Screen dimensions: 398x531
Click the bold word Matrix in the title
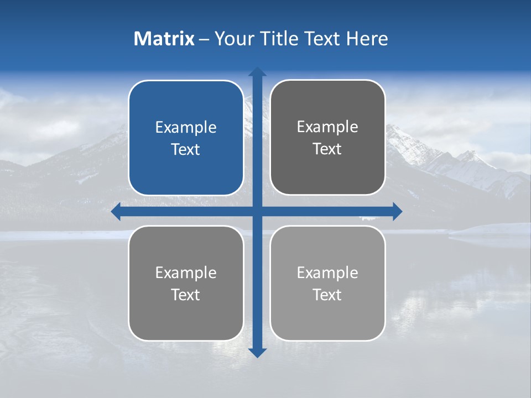pos(164,39)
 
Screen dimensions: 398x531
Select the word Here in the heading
pos(367,39)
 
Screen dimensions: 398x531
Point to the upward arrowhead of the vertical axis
pos(257,72)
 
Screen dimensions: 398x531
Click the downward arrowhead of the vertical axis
pos(257,352)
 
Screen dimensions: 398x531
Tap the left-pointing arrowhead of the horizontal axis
pos(116,211)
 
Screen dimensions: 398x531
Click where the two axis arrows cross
pos(257,211)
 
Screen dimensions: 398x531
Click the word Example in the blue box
pos(186,128)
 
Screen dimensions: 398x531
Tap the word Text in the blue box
pos(186,150)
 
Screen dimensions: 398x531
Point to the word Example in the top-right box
pos(327,127)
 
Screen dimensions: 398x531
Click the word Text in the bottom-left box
pos(186,295)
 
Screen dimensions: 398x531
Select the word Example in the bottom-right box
pos(327,273)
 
